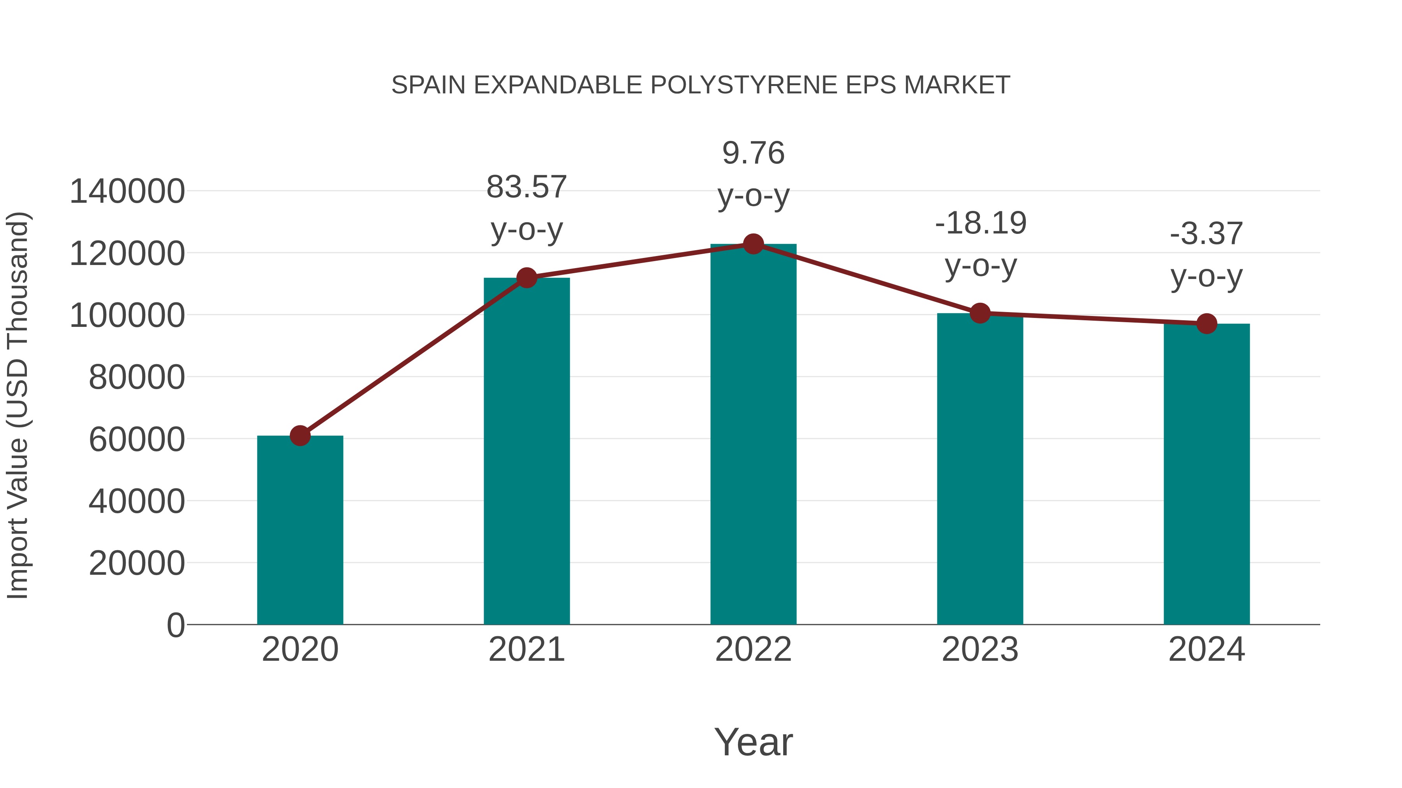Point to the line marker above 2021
click(x=527, y=278)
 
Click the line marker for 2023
click(x=980, y=313)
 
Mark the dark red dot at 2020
click(x=300, y=435)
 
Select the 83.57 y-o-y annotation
click(x=527, y=208)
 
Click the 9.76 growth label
click(x=753, y=174)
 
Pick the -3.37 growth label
click(x=1206, y=254)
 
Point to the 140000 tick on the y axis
click(x=127, y=191)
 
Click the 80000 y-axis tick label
click(x=137, y=377)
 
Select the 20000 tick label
click(x=137, y=563)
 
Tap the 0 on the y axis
click(x=176, y=625)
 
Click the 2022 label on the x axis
click(x=753, y=649)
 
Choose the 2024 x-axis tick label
click(x=1206, y=649)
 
